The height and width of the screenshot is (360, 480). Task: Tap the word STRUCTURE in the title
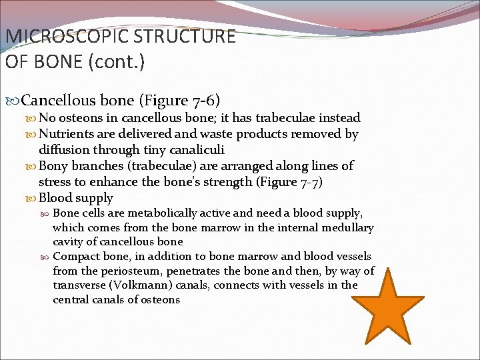pos(188,36)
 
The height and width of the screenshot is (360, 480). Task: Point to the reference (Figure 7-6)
pos(179,101)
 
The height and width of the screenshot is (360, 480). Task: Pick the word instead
pos(338,118)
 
